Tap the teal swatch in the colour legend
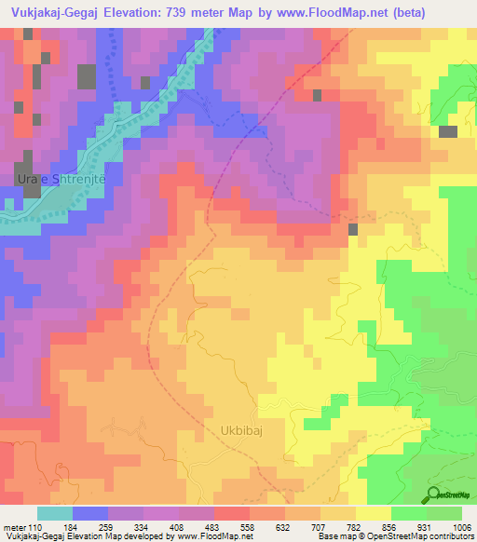(54, 513)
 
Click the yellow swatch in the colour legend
(373, 513)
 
